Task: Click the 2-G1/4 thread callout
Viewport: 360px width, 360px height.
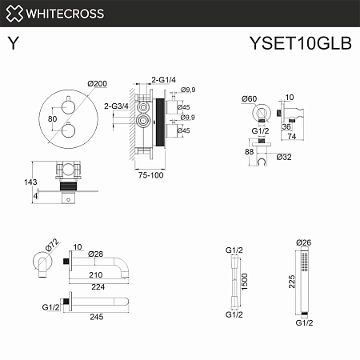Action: (x=165, y=78)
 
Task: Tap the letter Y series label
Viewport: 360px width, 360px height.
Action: (x=14, y=44)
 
